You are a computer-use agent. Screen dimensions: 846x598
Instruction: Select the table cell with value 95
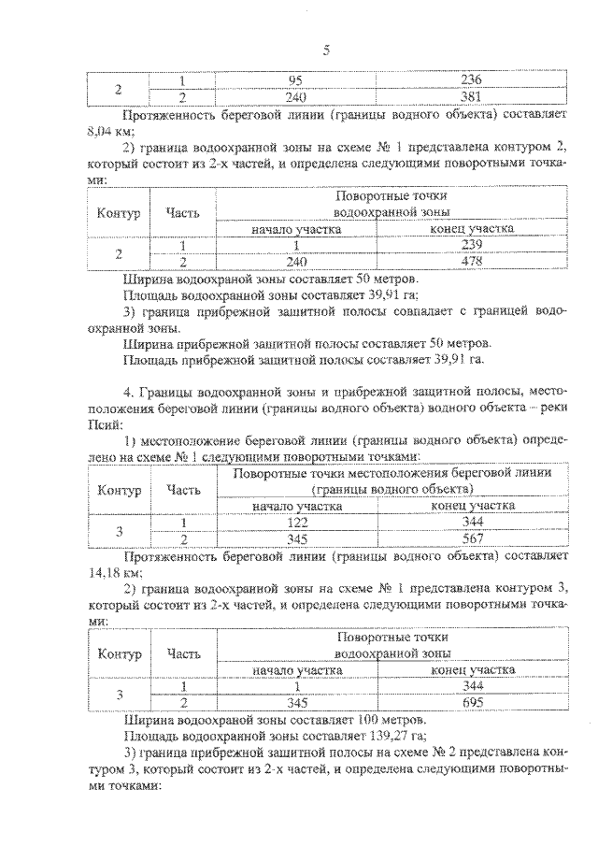pos(298,79)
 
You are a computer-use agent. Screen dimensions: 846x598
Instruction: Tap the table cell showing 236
pos(473,79)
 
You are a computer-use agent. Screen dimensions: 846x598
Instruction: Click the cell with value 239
pos(473,246)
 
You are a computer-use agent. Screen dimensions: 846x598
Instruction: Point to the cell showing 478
pos(473,262)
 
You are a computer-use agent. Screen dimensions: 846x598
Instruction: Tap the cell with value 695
pos(473,703)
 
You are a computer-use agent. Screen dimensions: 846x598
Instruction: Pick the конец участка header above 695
pos(473,669)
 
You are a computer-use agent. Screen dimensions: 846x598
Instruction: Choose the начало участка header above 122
pos(298,506)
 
